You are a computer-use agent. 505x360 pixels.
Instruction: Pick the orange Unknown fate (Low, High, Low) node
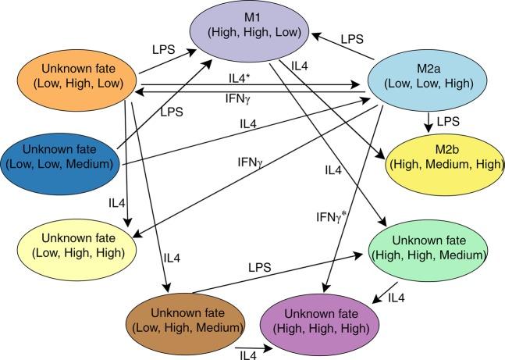(x=78, y=76)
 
